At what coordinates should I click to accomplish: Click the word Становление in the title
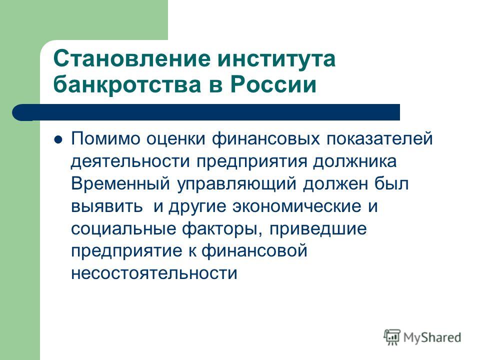(132, 58)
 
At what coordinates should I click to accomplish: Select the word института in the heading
(276, 59)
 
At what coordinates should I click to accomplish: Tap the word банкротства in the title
(127, 84)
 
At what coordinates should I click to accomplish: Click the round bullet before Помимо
(58, 139)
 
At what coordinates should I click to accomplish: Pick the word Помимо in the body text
(105, 138)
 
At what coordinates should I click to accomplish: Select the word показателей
(379, 138)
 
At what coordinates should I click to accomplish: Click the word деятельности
(130, 161)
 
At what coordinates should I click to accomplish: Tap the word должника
(354, 161)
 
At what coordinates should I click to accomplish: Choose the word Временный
(120, 183)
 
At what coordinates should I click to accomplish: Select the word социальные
(123, 229)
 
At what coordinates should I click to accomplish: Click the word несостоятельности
(154, 273)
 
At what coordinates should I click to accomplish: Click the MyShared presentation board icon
(392, 337)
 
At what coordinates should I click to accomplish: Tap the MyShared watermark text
(432, 337)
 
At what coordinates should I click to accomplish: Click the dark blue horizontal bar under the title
(206, 112)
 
